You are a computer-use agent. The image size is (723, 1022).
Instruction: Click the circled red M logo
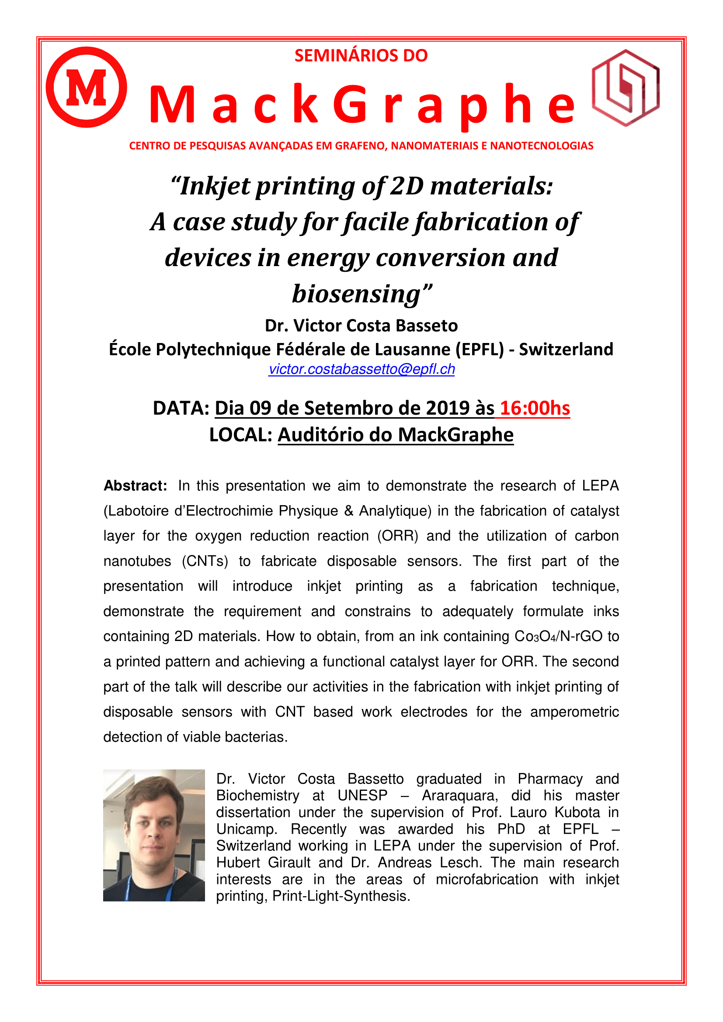87,87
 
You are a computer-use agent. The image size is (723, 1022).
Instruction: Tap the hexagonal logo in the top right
626,88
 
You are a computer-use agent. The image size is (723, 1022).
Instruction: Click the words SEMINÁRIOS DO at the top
361,55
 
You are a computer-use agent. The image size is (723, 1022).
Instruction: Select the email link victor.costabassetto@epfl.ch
361,370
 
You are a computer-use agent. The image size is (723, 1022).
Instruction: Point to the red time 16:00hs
535,408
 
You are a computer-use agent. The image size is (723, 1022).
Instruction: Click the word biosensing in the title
356,294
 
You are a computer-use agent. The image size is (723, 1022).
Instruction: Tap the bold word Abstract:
136,485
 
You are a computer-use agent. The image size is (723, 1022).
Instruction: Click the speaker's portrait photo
154,835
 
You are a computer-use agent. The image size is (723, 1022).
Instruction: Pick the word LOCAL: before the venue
240,435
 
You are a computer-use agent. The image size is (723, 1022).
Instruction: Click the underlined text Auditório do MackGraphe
395,435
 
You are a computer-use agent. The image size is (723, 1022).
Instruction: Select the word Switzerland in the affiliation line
566,350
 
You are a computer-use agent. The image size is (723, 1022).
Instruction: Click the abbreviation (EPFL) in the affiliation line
480,350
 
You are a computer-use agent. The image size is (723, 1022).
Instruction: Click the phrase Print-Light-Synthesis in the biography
340,896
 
